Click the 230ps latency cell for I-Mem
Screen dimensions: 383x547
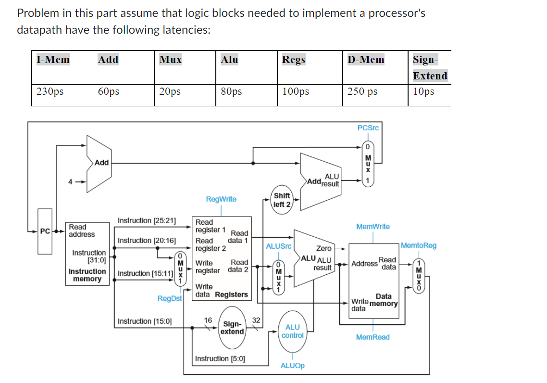tap(50, 91)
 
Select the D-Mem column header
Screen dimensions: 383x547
tap(366, 60)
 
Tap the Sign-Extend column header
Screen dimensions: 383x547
tap(430, 67)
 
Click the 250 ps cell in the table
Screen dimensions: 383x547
tap(362, 91)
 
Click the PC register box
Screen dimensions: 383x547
tap(45, 231)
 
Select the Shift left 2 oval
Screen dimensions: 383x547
tap(281, 200)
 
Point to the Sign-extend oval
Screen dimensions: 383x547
tap(233, 328)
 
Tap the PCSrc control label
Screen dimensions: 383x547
tap(368, 128)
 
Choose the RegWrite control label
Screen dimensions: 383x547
tap(221, 199)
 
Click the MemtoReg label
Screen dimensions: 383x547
tap(419, 245)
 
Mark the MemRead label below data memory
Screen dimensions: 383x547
tap(373, 337)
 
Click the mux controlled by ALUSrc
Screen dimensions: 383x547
tap(277, 278)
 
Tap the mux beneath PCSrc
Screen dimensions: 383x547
tap(368, 164)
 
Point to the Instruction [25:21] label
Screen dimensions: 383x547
tap(147, 220)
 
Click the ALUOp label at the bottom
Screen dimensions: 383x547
tap(292, 366)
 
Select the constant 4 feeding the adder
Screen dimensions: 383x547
tap(71, 182)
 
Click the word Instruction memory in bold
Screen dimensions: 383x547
tap(87, 275)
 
